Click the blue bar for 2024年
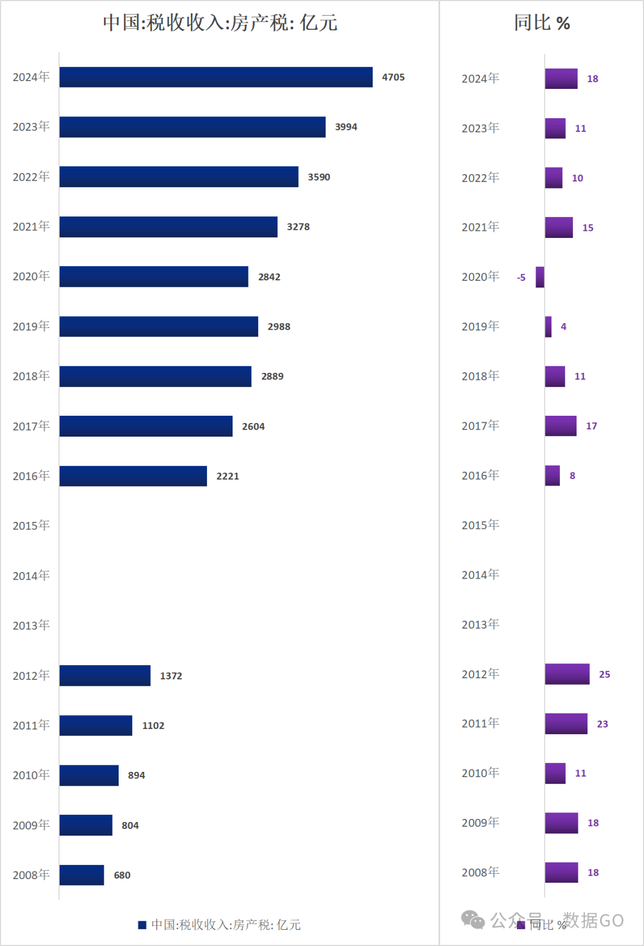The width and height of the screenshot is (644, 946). pyautogui.click(x=216, y=77)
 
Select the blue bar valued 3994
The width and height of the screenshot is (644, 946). pyautogui.click(x=192, y=127)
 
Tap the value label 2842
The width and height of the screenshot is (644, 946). pyautogui.click(x=269, y=277)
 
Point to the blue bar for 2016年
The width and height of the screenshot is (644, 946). pyautogui.click(x=133, y=476)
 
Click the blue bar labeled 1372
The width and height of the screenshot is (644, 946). pyautogui.click(x=105, y=676)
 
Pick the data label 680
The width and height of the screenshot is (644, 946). pyautogui.click(x=122, y=875)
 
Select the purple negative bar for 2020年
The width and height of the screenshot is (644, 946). pyautogui.click(x=540, y=277)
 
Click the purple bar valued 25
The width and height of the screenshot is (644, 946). pyautogui.click(x=567, y=674)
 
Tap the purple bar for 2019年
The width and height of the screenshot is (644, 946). pyautogui.click(x=548, y=327)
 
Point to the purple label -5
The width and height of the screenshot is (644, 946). pyautogui.click(x=521, y=277)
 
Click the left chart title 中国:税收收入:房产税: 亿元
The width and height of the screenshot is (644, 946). pyautogui.click(x=220, y=23)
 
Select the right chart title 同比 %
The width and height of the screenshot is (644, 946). pyautogui.click(x=542, y=23)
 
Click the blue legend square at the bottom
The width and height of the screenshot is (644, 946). pyautogui.click(x=142, y=925)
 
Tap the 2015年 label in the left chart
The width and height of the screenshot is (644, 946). pyautogui.click(x=31, y=525)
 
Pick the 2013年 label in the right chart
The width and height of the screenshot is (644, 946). pyautogui.click(x=480, y=625)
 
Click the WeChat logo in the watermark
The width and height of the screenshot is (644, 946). pyautogui.click(x=473, y=920)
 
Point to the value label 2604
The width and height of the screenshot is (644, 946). pyautogui.click(x=253, y=426)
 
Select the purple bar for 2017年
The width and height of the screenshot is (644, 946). pyautogui.click(x=561, y=426)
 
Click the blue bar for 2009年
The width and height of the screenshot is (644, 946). pyautogui.click(x=86, y=825)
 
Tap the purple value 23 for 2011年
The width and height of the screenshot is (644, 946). pyautogui.click(x=602, y=724)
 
